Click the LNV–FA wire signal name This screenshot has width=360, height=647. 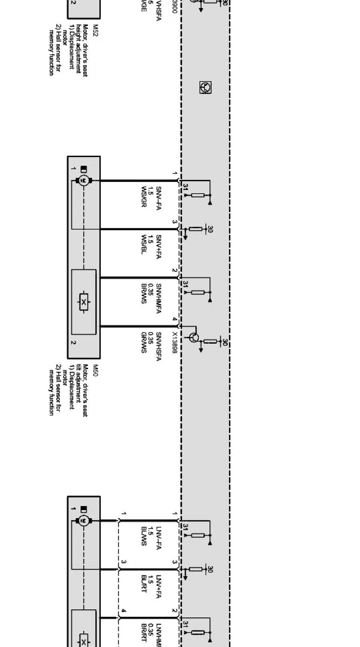pos(158,538)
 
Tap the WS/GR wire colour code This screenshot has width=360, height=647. pos(144,197)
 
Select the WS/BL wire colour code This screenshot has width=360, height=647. pos(144,245)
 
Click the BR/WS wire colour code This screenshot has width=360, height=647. pos(144,293)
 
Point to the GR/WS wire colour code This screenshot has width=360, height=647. pos(144,342)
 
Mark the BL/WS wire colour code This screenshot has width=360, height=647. pos(144,537)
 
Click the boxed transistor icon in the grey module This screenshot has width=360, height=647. pos(205,87)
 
